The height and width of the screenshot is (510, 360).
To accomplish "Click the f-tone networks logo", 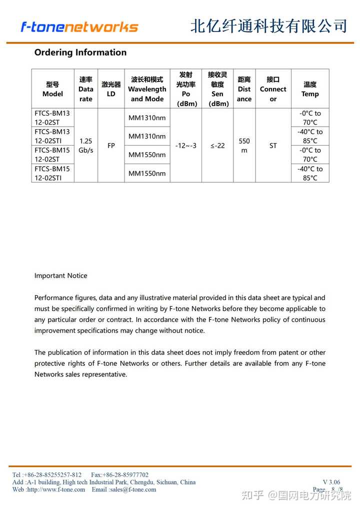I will tap(79, 27).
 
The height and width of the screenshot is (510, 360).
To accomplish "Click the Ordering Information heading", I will tap(80, 53).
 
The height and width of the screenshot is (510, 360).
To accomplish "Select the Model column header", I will tap(52, 89).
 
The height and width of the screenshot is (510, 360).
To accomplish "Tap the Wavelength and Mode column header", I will tap(147, 89).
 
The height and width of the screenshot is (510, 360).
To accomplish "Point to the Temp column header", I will tap(310, 89).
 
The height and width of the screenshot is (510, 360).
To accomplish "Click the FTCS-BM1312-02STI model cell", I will tap(52, 136).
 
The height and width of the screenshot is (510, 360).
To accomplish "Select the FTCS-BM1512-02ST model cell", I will tap(52, 155).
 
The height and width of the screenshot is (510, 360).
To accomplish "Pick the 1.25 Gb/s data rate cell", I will tap(86, 146).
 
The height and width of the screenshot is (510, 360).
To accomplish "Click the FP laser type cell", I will tap(111, 146).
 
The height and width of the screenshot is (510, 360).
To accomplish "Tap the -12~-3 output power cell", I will tap(186, 146).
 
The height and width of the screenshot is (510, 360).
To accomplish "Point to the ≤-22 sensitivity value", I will tap(217, 146).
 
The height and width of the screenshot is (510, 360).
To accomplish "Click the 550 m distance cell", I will tap(244, 146).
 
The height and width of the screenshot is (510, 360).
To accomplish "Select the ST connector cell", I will tap(273, 146).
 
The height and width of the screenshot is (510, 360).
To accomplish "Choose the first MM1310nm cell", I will tap(147, 118).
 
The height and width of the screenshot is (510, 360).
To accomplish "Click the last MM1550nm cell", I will tap(147, 173).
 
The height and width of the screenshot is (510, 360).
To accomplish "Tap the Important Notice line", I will tap(60, 276).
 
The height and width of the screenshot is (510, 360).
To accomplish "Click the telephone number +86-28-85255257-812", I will tap(52, 474).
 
